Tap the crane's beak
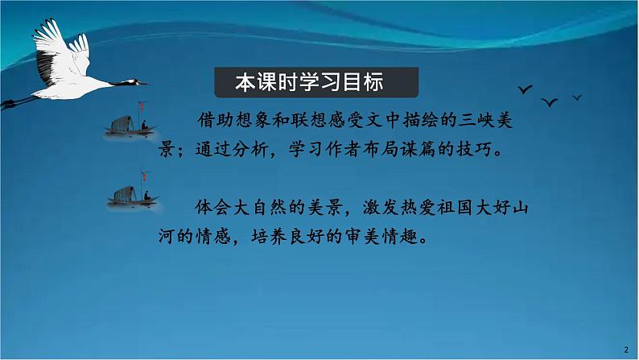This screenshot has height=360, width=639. tap(142, 82)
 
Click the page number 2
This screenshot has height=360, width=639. tap(625, 348)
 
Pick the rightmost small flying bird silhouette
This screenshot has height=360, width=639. tap(577, 97)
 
